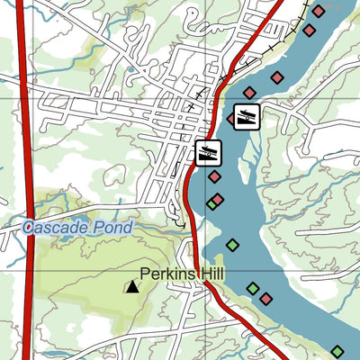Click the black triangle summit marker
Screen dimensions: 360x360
tap(132, 287)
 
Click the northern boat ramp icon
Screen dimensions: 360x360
tap(247, 115)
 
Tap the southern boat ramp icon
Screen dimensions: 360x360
tap(208, 152)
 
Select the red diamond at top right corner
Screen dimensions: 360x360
tap(318, 11)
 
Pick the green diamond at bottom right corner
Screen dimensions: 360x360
tap(337, 352)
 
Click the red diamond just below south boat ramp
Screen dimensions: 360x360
tap(214, 176)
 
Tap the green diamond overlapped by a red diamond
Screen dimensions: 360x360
tap(211, 203)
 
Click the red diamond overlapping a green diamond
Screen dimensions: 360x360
tap(217, 199)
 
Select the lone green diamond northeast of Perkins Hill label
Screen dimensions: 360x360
tap(232, 244)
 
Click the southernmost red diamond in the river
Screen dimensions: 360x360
tap(265, 298)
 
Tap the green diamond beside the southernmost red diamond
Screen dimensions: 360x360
tap(253, 289)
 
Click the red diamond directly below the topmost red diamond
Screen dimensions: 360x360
tap(309, 31)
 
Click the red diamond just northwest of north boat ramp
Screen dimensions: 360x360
tap(249, 93)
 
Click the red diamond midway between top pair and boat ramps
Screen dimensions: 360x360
tap(277, 76)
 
